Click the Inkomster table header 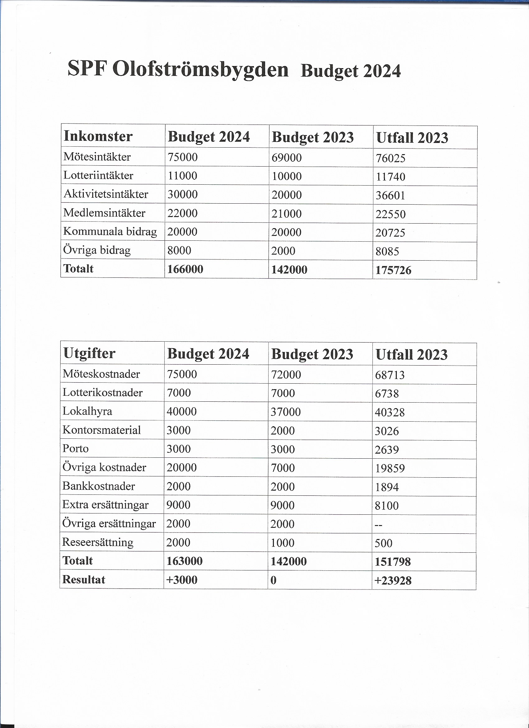pyautogui.click(x=98, y=136)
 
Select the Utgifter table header pyautogui.click(x=89, y=353)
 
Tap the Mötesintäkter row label pyautogui.click(x=97, y=157)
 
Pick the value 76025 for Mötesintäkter pyautogui.click(x=391, y=158)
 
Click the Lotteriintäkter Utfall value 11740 pyautogui.click(x=391, y=177)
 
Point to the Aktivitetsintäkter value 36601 pyautogui.click(x=391, y=196)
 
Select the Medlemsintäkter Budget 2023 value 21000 pyautogui.click(x=287, y=214)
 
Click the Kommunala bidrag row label pyautogui.click(x=110, y=231)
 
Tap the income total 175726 pyautogui.click(x=393, y=270)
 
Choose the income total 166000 pyautogui.click(x=185, y=269)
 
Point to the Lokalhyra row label pyautogui.click(x=87, y=411)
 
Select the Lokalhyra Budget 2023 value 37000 pyautogui.click(x=286, y=412)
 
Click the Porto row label pyautogui.click(x=75, y=448)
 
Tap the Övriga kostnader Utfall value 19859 pyautogui.click(x=390, y=468)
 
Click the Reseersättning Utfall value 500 pyautogui.click(x=383, y=543)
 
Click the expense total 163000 pyautogui.click(x=185, y=561)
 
